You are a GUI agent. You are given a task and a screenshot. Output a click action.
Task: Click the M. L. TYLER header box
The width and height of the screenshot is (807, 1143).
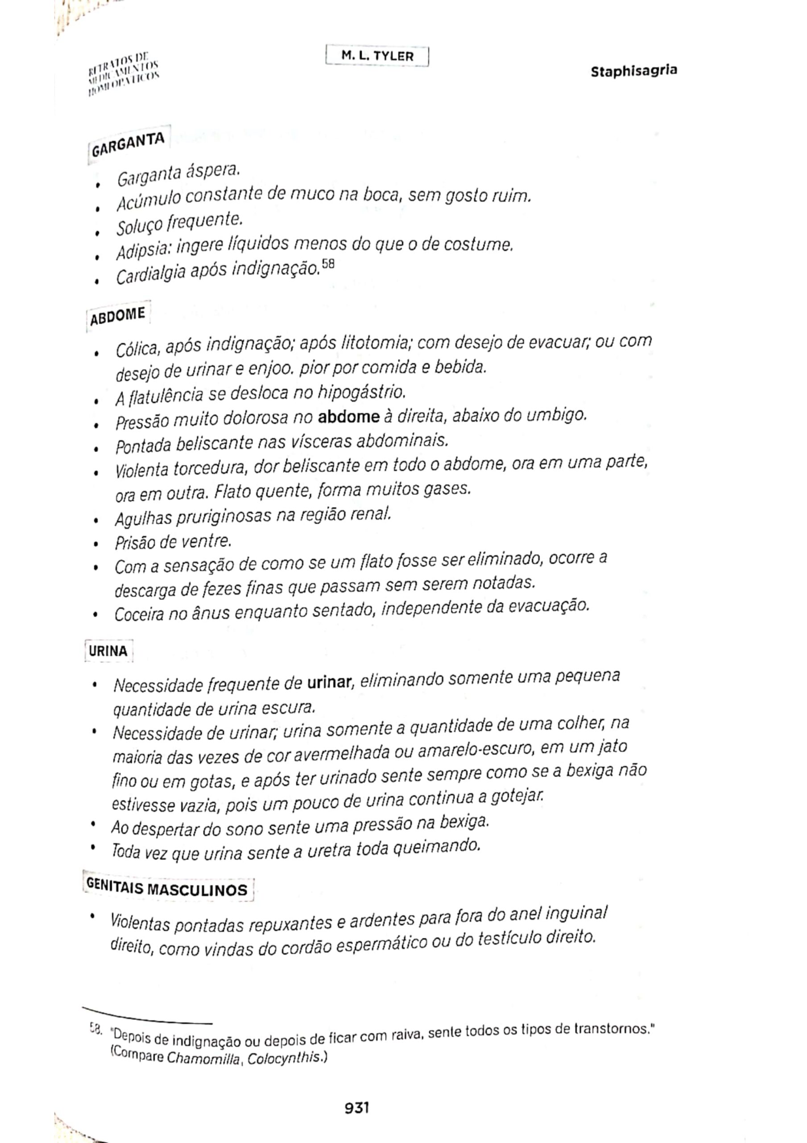[x=377, y=56]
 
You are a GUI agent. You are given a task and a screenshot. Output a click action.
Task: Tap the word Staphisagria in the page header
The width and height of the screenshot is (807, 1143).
[x=633, y=71]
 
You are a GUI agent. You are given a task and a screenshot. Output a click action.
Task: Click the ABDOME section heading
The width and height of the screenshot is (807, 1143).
[x=118, y=316]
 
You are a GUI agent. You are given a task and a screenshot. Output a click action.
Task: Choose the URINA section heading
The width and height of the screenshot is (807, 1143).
[x=108, y=651]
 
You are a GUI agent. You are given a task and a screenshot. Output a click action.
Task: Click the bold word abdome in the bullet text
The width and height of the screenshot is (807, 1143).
[x=349, y=417]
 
